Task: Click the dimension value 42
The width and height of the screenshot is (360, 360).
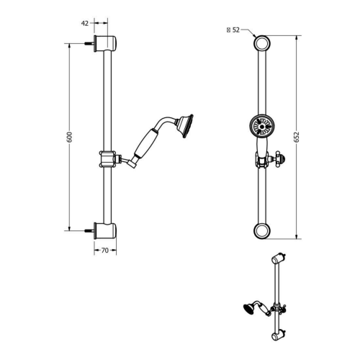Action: click(84, 23)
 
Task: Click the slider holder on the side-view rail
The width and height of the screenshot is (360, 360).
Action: click(107, 158)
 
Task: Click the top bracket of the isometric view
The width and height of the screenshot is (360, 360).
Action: click(279, 258)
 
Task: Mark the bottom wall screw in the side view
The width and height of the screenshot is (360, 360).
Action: click(91, 231)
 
